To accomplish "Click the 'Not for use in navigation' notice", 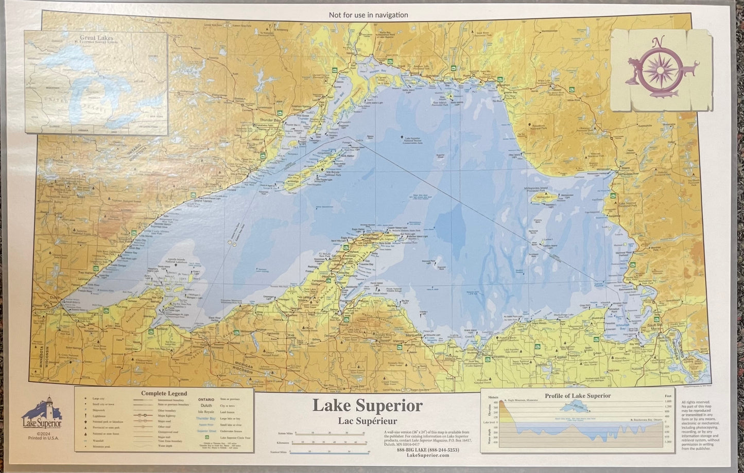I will click(x=368, y=15).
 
